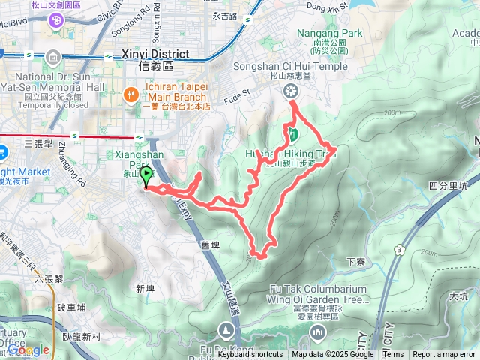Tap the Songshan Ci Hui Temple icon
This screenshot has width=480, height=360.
(x=290, y=91)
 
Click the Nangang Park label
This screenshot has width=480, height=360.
(x=329, y=33)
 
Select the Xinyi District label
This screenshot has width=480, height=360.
(x=155, y=55)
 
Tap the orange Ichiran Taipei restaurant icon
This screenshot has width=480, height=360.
(x=129, y=94)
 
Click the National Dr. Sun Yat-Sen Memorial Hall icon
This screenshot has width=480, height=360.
(x=52, y=58)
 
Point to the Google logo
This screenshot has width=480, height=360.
(x=28, y=349)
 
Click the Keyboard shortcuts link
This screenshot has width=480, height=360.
(x=250, y=355)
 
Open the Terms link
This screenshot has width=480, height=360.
(x=392, y=355)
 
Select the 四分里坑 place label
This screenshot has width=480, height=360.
(x=448, y=185)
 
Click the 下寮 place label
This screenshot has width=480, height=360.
(x=355, y=262)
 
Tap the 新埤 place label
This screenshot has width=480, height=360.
(x=145, y=288)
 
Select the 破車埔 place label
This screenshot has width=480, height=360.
(x=71, y=307)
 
